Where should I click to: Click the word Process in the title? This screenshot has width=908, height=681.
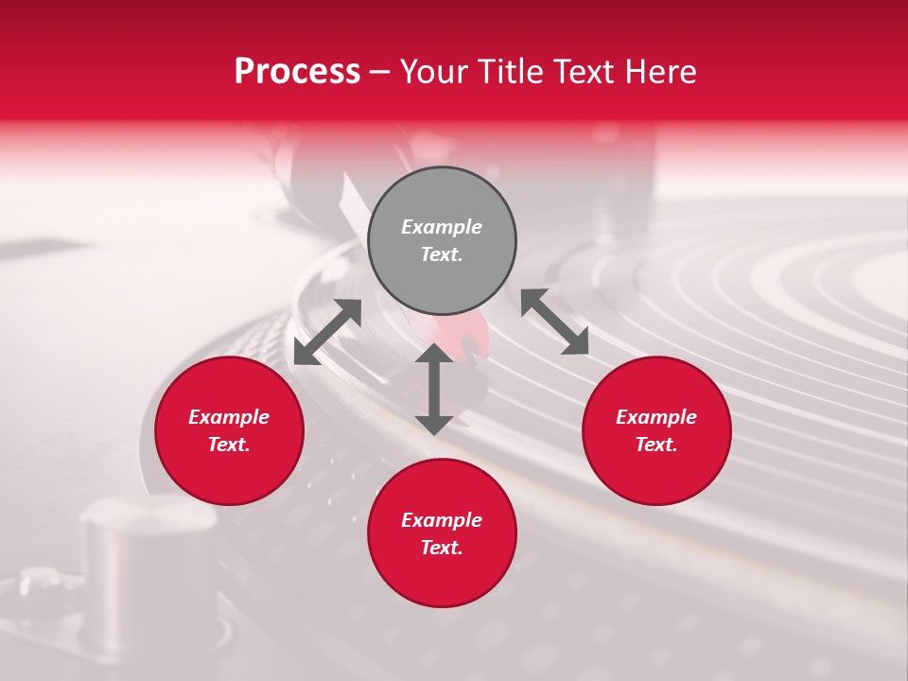[x=297, y=72]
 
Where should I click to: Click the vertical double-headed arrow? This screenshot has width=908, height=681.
[x=434, y=390]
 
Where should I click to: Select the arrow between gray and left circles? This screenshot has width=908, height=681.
[x=327, y=332]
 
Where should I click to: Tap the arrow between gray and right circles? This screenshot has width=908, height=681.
[x=554, y=322]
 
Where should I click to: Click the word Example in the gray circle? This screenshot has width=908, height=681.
[x=442, y=227]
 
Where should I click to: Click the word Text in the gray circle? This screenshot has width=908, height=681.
[x=442, y=254]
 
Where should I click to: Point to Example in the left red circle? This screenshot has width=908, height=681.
[x=229, y=417]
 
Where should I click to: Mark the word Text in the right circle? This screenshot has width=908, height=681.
[x=656, y=445]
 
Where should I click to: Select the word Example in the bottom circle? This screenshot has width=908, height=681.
[x=442, y=520]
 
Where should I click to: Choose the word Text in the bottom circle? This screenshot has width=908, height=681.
[x=442, y=548]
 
